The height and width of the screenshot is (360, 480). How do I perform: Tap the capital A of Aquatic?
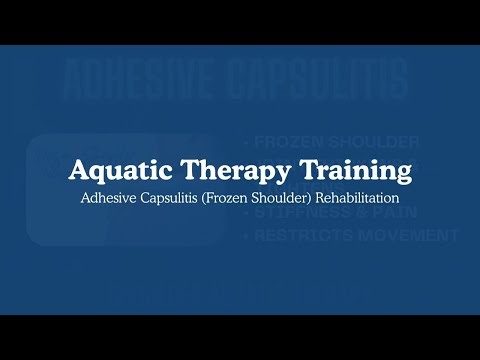78,170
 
